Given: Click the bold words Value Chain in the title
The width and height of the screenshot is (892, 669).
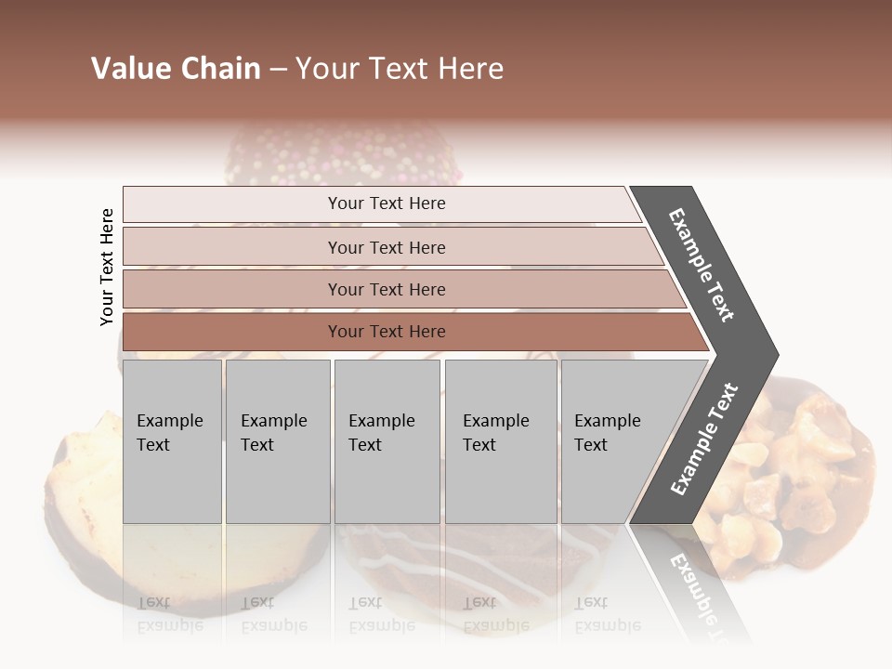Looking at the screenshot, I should coord(176,69).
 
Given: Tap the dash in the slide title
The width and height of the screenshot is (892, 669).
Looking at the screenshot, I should coord(278,69).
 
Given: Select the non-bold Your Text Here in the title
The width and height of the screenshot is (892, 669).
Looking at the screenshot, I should coord(399,69).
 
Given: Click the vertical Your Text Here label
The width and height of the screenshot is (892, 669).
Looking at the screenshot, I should coord(107,267).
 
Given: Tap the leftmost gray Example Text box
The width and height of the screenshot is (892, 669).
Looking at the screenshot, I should coord(172,441).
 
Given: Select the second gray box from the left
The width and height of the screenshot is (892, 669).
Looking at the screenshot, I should coord(277,441).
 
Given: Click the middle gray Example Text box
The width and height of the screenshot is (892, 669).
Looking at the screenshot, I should coord(387,441).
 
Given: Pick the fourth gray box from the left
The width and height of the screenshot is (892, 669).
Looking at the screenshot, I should coord(500,441).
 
